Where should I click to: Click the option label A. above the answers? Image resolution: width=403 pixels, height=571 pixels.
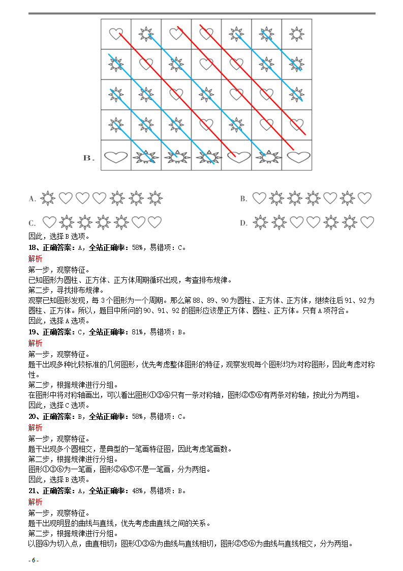click(x=32, y=198)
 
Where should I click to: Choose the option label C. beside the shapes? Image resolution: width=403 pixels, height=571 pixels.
click(x=32, y=222)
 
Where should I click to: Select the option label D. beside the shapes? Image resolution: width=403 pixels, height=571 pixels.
click(x=243, y=222)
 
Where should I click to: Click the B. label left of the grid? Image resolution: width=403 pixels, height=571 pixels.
click(x=89, y=158)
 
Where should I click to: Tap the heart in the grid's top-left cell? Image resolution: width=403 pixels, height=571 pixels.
click(x=116, y=34)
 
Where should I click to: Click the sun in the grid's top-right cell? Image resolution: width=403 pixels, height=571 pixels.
click(x=297, y=34)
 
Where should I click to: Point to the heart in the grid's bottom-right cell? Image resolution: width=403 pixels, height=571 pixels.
click(x=298, y=157)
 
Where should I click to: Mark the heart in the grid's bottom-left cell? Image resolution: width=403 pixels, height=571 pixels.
click(x=116, y=157)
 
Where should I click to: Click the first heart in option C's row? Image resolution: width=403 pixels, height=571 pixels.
click(x=49, y=222)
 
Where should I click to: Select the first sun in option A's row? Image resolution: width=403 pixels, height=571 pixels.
click(x=48, y=198)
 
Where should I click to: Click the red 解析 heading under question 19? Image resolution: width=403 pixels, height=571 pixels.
click(x=36, y=343)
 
